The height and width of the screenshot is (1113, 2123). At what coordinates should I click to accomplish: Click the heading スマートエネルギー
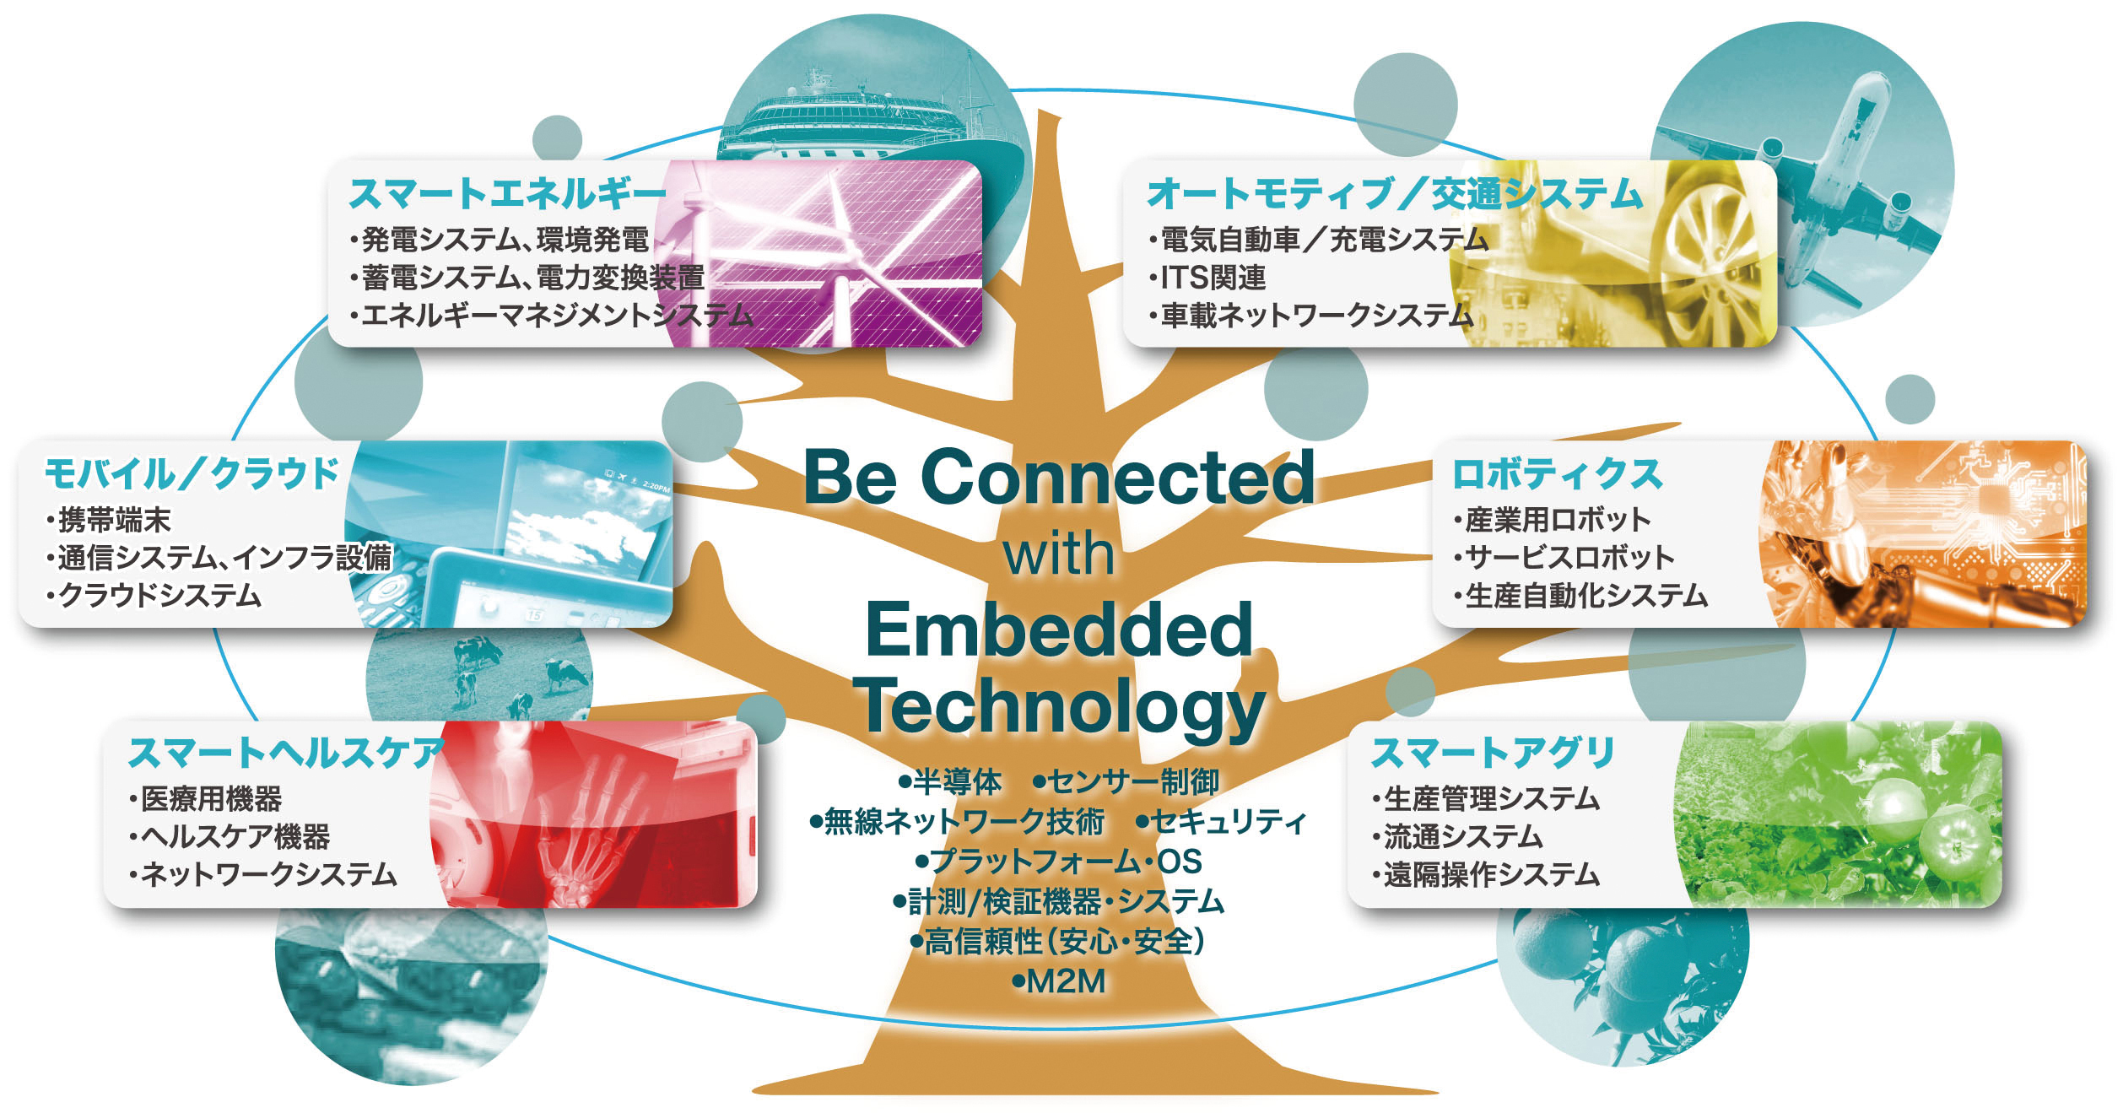coord(507,194)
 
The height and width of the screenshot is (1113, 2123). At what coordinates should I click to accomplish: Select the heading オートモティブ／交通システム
coord(1395,194)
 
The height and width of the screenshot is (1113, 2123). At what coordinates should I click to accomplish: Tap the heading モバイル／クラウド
coord(192,473)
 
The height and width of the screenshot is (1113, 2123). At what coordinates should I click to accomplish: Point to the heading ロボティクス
coord(1557,473)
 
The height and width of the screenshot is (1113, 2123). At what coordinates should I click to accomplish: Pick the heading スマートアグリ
coord(1493,753)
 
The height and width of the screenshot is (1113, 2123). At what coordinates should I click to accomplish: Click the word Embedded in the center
coord(1059,629)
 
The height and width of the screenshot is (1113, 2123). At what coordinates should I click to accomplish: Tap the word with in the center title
coord(1059,554)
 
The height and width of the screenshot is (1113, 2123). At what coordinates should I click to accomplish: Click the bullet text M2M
coord(1059,981)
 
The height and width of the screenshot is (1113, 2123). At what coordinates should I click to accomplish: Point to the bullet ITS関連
coord(1207,278)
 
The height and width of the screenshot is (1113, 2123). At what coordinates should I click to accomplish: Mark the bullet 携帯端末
coord(109,520)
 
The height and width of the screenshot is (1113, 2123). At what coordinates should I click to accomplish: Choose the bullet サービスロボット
coord(1564,557)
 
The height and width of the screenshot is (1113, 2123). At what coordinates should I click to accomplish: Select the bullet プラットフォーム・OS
coord(1059,862)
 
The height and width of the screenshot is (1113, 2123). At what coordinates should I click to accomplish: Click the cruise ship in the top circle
coord(869,118)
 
